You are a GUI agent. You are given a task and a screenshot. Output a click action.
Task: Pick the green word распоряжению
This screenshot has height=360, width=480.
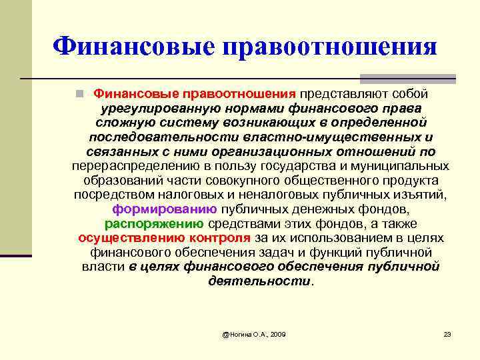155,223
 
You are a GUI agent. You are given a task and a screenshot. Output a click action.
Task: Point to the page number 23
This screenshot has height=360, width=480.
447,333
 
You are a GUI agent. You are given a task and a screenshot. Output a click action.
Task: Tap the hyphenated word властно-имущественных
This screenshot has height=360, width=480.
341,137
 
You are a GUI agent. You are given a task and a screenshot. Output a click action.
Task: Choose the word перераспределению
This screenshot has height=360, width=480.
126,166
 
